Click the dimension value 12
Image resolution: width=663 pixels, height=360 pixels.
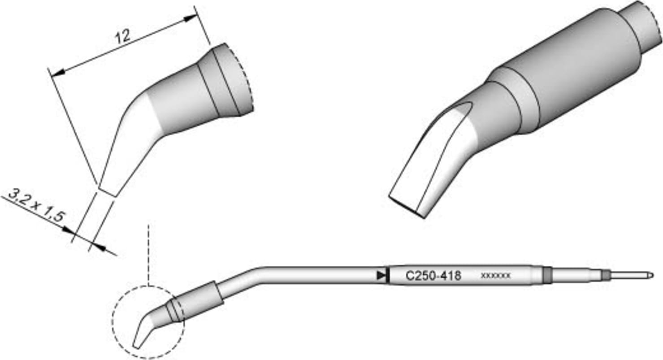(122, 36)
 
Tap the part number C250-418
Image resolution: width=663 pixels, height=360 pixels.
(433, 275)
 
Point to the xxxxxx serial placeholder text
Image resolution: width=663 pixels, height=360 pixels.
(495, 276)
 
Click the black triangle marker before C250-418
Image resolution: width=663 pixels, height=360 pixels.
(381, 275)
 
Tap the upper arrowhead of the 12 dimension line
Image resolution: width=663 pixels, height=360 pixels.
(190, 18)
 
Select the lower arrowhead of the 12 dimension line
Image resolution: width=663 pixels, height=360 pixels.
(56, 73)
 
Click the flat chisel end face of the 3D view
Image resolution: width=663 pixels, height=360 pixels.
(406, 205)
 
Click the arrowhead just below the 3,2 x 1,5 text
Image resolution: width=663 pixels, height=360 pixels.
(69, 230)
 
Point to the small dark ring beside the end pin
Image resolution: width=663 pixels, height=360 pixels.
(606, 275)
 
